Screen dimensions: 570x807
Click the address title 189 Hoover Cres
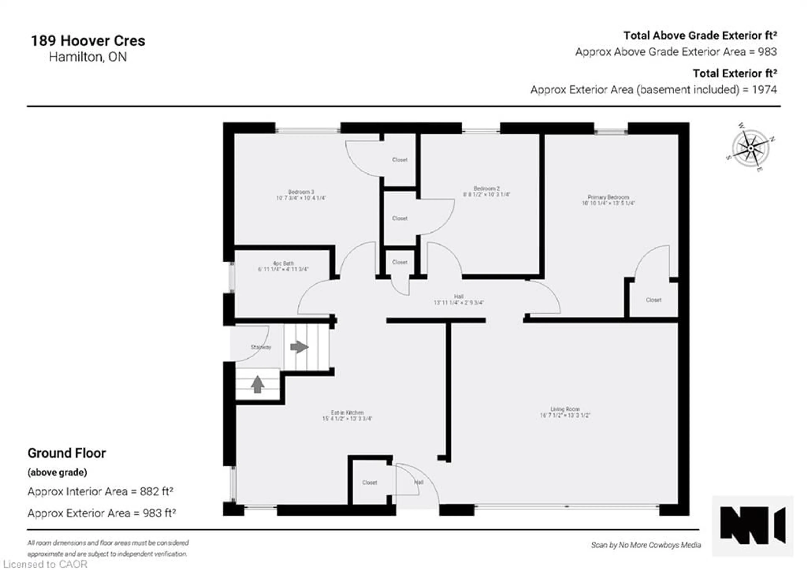[88, 41]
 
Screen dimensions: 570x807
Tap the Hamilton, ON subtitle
[88, 57]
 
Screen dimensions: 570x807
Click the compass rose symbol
[750, 148]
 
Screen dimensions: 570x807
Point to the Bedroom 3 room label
[301, 192]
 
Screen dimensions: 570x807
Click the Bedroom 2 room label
[487, 188]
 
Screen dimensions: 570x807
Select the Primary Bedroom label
[608, 197]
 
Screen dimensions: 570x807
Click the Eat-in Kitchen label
[347, 413]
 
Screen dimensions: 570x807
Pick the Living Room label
[565, 409]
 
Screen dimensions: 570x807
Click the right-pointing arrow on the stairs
[299, 347]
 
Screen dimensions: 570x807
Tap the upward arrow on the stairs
[258, 384]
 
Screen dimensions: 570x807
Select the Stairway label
[261, 347]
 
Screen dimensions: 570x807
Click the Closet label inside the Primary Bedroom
[653, 300]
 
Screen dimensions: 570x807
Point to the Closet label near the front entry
[369, 483]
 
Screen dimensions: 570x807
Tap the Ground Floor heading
[67, 453]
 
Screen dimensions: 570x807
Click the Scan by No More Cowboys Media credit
[646, 545]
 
